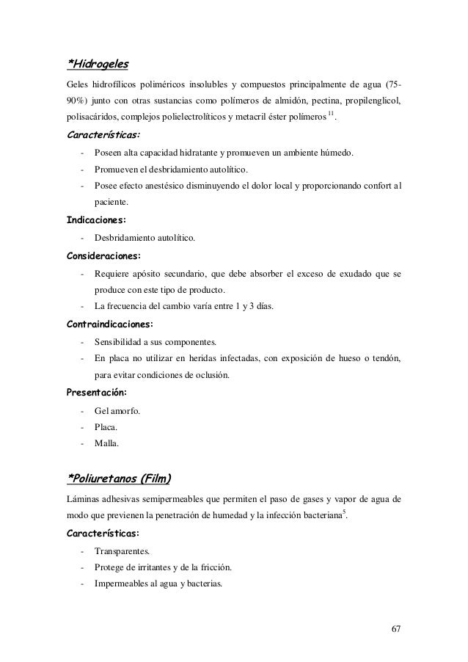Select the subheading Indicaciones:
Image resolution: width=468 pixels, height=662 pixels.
click(x=96, y=219)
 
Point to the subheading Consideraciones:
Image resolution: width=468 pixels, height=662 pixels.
click(x=104, y=257)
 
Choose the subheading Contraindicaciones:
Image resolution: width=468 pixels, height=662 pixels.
click(x=111, y=323)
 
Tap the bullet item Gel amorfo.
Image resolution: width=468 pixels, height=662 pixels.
click(x=117, y=410)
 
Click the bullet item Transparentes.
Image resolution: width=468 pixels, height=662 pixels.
click(x=122, y=550)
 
